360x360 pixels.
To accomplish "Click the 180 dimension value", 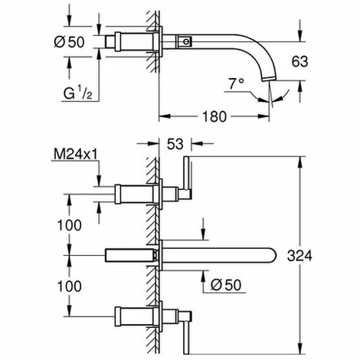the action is pos(214,116).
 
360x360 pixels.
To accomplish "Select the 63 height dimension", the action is pos(299,61).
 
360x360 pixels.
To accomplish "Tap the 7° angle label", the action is pos(236,83).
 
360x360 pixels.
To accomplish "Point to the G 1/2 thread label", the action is pos(77,93).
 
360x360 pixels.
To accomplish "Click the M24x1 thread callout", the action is pos(76,154).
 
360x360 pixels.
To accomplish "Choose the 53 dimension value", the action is pos(175,144).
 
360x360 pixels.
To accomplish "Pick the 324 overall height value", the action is pos(299,256).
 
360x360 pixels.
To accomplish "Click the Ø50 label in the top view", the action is pos(69,42).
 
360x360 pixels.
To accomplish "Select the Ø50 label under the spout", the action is pos(226,285).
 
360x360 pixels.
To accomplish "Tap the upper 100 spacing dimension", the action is pos(69,225).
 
